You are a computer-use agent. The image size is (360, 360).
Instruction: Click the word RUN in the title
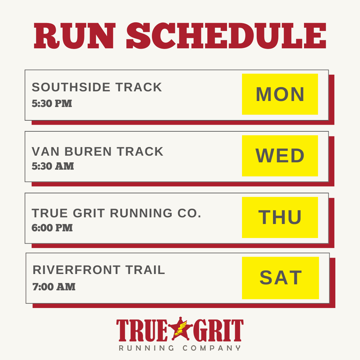click(74, 36)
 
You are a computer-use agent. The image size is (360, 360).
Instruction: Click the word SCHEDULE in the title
click(226, 36)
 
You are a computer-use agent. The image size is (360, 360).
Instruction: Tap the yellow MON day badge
click(280, 94)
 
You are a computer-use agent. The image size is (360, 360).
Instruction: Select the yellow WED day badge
click(280, 156)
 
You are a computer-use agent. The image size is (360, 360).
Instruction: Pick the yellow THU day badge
click(280, 217)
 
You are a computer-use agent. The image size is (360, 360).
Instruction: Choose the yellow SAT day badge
click(280, 278)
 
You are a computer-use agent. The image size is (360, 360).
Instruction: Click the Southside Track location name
click(97, 87)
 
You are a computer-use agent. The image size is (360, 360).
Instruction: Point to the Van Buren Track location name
click(97, 152)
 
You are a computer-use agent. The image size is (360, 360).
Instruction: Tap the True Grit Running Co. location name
click(116, 213)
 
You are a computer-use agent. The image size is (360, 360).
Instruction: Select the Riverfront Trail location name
click(99, 270)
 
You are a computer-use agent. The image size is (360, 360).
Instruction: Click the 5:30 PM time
click(52, 104)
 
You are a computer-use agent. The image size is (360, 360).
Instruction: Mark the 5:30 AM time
click(53, 166)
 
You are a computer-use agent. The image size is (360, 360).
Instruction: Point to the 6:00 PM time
click(52, 228)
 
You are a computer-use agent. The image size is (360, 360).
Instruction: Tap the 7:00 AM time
click(54, 287)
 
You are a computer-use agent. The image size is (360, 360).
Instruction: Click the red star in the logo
click(181, 329)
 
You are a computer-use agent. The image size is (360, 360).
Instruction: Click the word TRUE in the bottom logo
click(142, 330)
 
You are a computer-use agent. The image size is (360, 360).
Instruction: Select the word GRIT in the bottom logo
click(218, 330)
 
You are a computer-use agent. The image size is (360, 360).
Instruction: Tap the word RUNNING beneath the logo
click(146, 348)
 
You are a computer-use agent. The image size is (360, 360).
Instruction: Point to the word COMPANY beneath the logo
click(212, 348)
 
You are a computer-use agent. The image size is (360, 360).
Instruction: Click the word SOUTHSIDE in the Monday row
click(71, 87)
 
